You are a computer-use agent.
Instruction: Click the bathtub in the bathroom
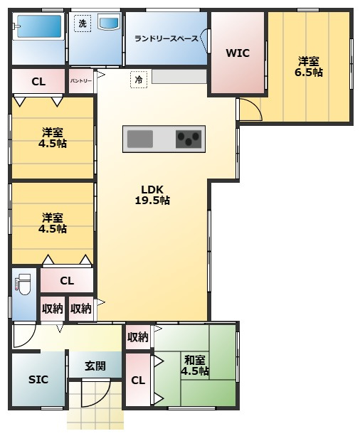click(x=39, y=26)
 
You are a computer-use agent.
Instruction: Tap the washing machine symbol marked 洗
click(x=83, y=23)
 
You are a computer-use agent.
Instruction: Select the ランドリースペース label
click(x=166, y=38)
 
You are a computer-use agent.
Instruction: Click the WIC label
click(x=238, y=53)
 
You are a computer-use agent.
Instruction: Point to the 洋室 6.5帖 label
click(x=309, y=66)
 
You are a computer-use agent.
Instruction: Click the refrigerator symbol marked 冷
click(x=139, y=80)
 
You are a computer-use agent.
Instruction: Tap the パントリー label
click(x=80, y=80)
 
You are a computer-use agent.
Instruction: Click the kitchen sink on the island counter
click(x=140, y=139)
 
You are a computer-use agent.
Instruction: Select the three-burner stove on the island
click(x=189, y=139)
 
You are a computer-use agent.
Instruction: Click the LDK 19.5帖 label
click(x=152, y=195)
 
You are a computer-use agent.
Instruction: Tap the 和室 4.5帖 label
click(x=195, y=366)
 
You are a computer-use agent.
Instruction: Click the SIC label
click(x=38, y=380)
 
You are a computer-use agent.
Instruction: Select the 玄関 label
click(x=95, y=366)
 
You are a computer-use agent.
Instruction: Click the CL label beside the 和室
click(x=138, y=380)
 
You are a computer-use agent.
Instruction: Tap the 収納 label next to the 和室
click(x=138, y=337)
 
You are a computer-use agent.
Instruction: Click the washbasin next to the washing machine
click(x=109, y=22)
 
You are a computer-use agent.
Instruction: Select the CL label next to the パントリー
click(x=38, y=82)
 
